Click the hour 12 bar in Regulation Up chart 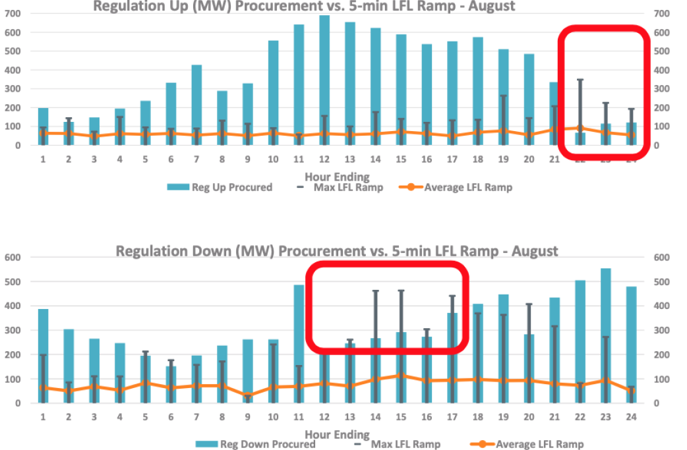[324, 79]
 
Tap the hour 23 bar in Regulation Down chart [605, 336]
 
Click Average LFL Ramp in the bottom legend [530, 444]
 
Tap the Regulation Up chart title [304, 6]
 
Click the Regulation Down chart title [337, 251]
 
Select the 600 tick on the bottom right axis [662, 258]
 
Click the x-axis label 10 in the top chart [273, 158]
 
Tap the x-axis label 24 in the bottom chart [631, 416]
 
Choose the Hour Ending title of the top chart [337, 176]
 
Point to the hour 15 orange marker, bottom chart [401, 376]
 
